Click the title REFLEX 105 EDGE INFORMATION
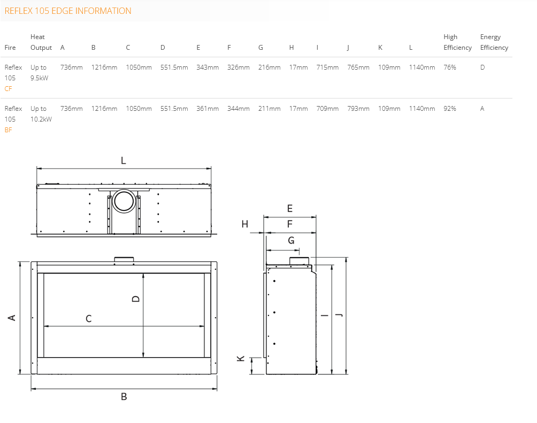point(68,11)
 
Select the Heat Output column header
point(41,42)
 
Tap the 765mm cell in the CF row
point(358,67)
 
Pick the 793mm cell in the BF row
point(358,109)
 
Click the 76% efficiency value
point(450,67)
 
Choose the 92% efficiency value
point(450,109)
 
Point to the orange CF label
point(8,89)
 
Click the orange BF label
point(8,130)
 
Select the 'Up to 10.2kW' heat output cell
point(41,114)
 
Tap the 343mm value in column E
point(208,67)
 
